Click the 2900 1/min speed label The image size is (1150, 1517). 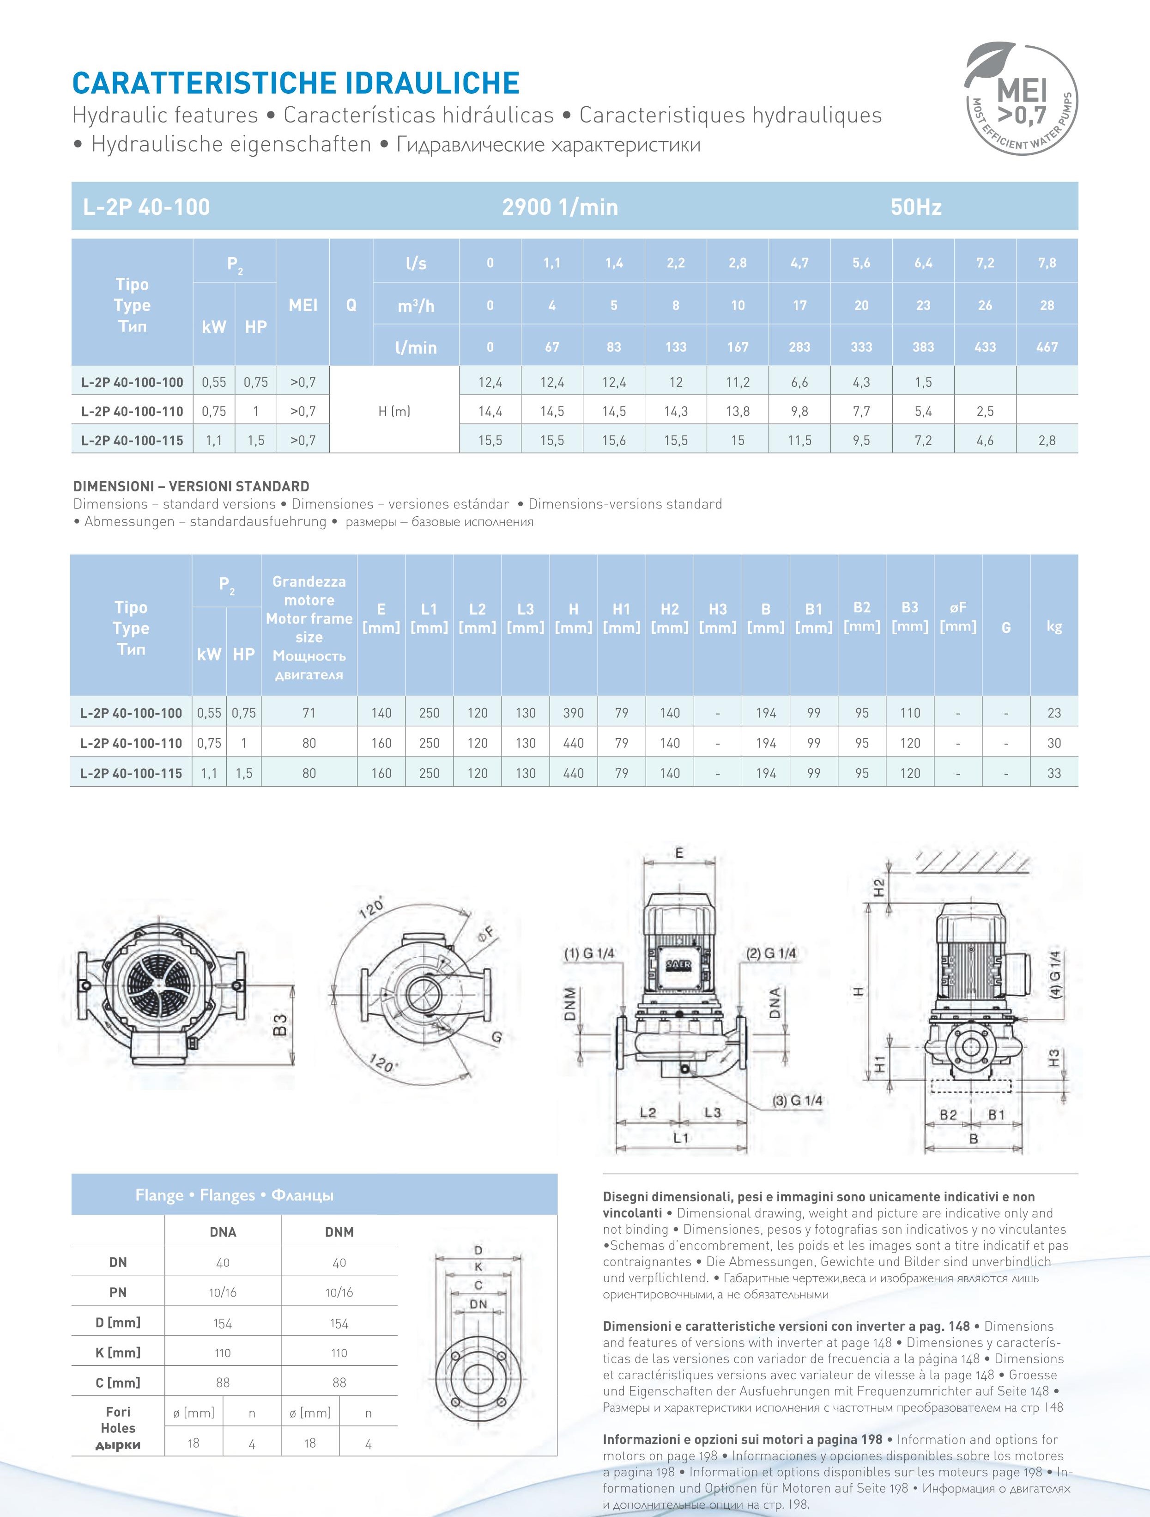560,207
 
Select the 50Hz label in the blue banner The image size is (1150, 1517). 916,207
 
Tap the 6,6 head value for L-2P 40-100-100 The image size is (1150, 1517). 799,382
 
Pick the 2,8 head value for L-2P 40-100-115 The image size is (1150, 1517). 1047,440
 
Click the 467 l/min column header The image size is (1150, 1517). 1047,347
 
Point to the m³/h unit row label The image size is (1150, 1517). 416,305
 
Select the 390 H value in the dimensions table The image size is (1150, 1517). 573,713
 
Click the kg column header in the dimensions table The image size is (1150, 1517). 1053,626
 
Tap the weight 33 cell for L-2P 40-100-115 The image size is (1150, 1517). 1053,773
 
